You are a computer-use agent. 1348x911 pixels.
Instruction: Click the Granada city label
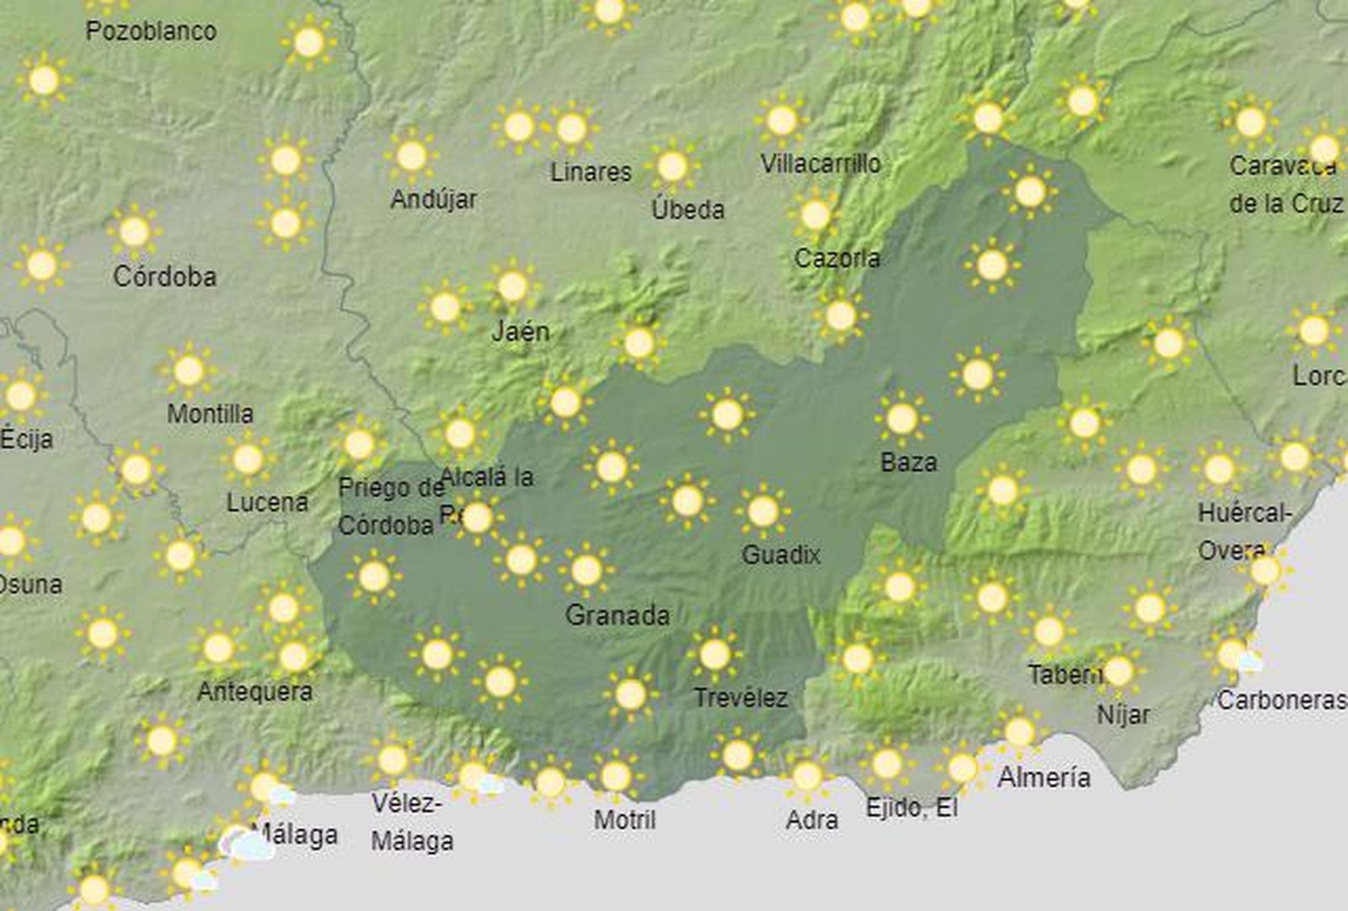(618, 615)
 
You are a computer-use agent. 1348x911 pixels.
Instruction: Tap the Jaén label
(521, 331)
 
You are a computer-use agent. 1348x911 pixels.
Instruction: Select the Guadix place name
(781, 555)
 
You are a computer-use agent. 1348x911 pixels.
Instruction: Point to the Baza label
(908, 462)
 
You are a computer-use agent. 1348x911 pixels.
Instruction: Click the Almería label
(1044, 777)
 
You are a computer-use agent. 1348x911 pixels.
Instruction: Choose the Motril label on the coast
(624, 819)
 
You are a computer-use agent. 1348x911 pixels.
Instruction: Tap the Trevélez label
(741, 698)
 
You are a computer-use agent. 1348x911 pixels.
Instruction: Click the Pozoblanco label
(152, 31)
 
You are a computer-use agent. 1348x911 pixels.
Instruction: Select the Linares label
(591, 172)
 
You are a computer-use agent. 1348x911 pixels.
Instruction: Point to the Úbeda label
(688, 209)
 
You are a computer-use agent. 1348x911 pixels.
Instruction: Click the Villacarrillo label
(821, 163)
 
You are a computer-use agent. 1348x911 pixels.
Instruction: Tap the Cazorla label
(837, 258)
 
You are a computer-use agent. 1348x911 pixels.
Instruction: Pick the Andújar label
(434, 200)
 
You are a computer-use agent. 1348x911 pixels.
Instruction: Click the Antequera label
(254, 692)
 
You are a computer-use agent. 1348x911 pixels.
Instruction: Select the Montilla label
(210, 414)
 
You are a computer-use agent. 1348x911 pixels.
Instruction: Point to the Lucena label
(267, 502)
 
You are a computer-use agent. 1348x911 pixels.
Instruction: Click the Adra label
(811, 820)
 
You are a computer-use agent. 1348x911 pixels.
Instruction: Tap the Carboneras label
(1281, 699)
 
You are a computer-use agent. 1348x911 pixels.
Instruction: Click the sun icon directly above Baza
(901, 418)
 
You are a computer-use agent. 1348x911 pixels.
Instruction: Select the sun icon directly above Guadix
(762, 511)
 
